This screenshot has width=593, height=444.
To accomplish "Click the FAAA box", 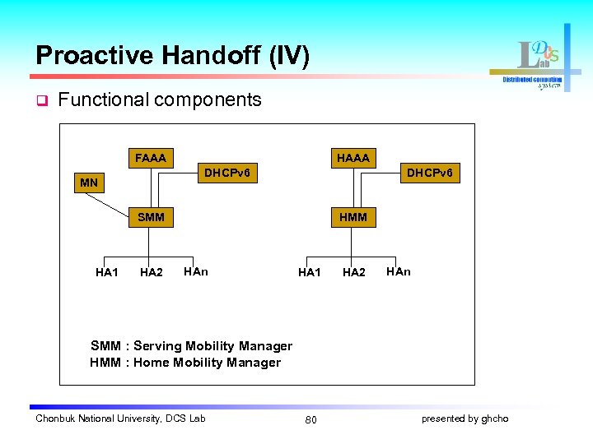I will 150,157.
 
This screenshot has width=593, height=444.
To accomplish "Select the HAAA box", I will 353,157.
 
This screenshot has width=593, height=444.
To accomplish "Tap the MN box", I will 89,182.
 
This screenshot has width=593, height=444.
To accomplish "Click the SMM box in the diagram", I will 151,217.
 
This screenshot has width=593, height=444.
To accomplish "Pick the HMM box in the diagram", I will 353,217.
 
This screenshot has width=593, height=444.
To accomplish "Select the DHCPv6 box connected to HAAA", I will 429,173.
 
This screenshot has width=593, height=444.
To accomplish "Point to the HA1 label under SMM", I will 106,272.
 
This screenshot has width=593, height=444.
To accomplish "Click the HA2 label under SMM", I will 151,272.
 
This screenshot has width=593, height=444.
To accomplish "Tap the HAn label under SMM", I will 196,271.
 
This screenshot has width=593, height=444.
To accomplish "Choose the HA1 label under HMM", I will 309,272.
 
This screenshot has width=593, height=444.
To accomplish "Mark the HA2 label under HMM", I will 353,272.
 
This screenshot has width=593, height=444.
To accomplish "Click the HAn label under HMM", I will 398,271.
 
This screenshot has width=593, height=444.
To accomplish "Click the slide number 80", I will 311,420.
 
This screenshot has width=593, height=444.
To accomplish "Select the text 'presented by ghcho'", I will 465,419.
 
